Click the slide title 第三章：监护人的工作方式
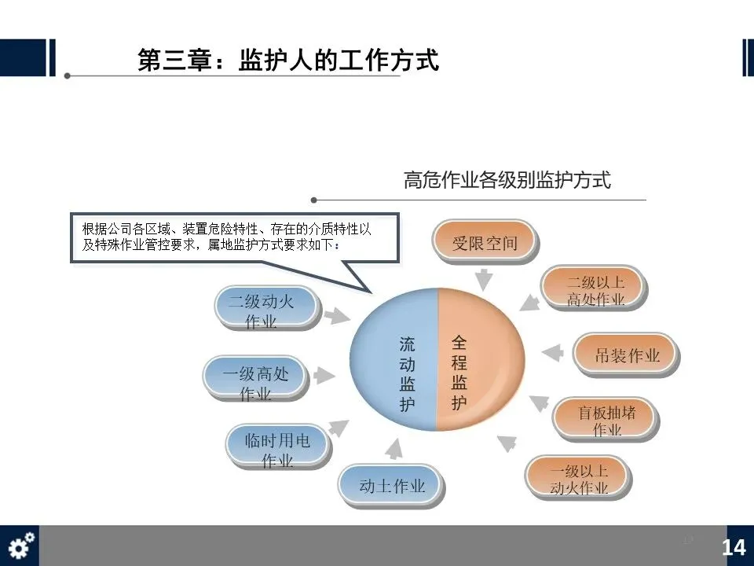pyautogui.click(x=287, y=61)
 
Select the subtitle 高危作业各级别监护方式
pyautogui.click(x=507, y=180)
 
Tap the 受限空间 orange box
pyautogui.click(x=485, y=242)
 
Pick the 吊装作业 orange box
pyautogui.click(x=627, y=355)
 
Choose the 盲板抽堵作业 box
pyautogui.click(x=606, y=420)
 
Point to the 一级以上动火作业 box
pyautogui.click(x=579, y=478)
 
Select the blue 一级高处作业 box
pyautogui.click(x=255, y=381)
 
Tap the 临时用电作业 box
pyautogui.click(x=276, y=448)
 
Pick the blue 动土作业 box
pyautogui.click(x=392, y=486)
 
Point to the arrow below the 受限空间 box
pyautogui.click(x=485, y=277)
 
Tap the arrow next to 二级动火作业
pyautogui.click(x=337, y=315)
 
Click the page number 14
pyautogui.click(x=734, y=547)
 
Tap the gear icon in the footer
pyautogui.click(x=20, y=545)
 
